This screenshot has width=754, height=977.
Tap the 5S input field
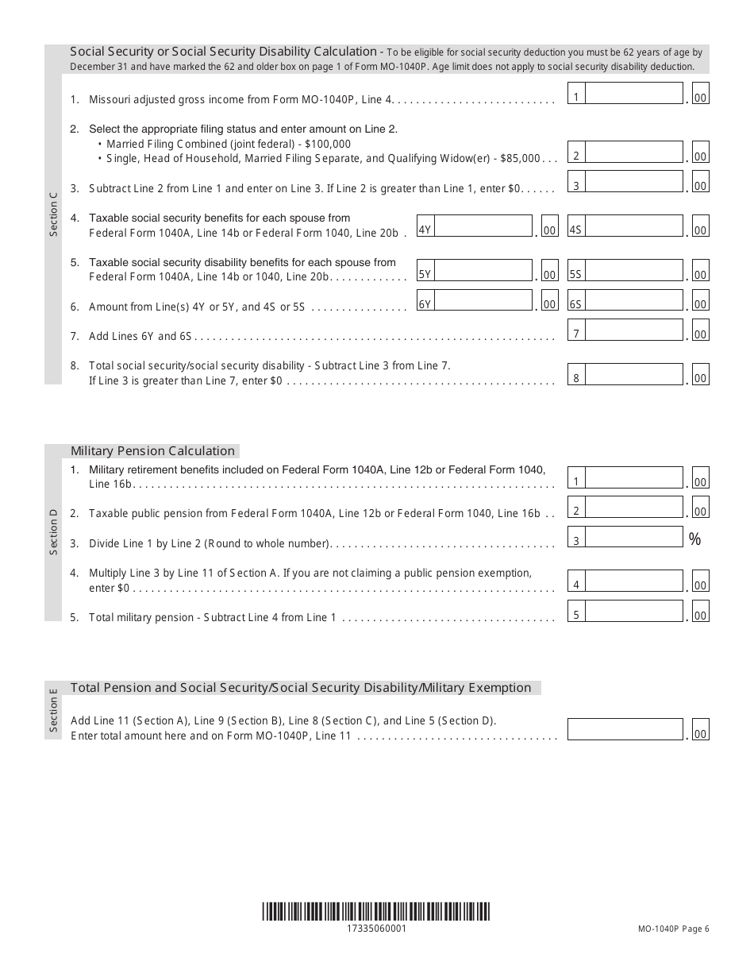[634, 271]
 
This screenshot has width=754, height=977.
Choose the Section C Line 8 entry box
[634, 375]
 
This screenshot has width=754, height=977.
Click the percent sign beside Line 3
[695, 539]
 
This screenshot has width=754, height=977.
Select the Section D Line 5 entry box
[634, 611]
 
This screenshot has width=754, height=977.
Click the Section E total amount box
[625, 730]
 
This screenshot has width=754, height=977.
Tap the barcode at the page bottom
[376, 911]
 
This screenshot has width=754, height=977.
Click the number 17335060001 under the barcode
[376, 929]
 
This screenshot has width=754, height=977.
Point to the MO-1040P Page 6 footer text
[673, 929]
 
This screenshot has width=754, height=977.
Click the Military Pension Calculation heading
[153, 450]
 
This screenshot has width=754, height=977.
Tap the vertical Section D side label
[53, 532]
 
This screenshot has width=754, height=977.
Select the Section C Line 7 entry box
[634, 330]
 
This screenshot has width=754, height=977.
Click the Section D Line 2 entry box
[634, 508]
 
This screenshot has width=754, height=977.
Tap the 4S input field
[634, 226]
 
